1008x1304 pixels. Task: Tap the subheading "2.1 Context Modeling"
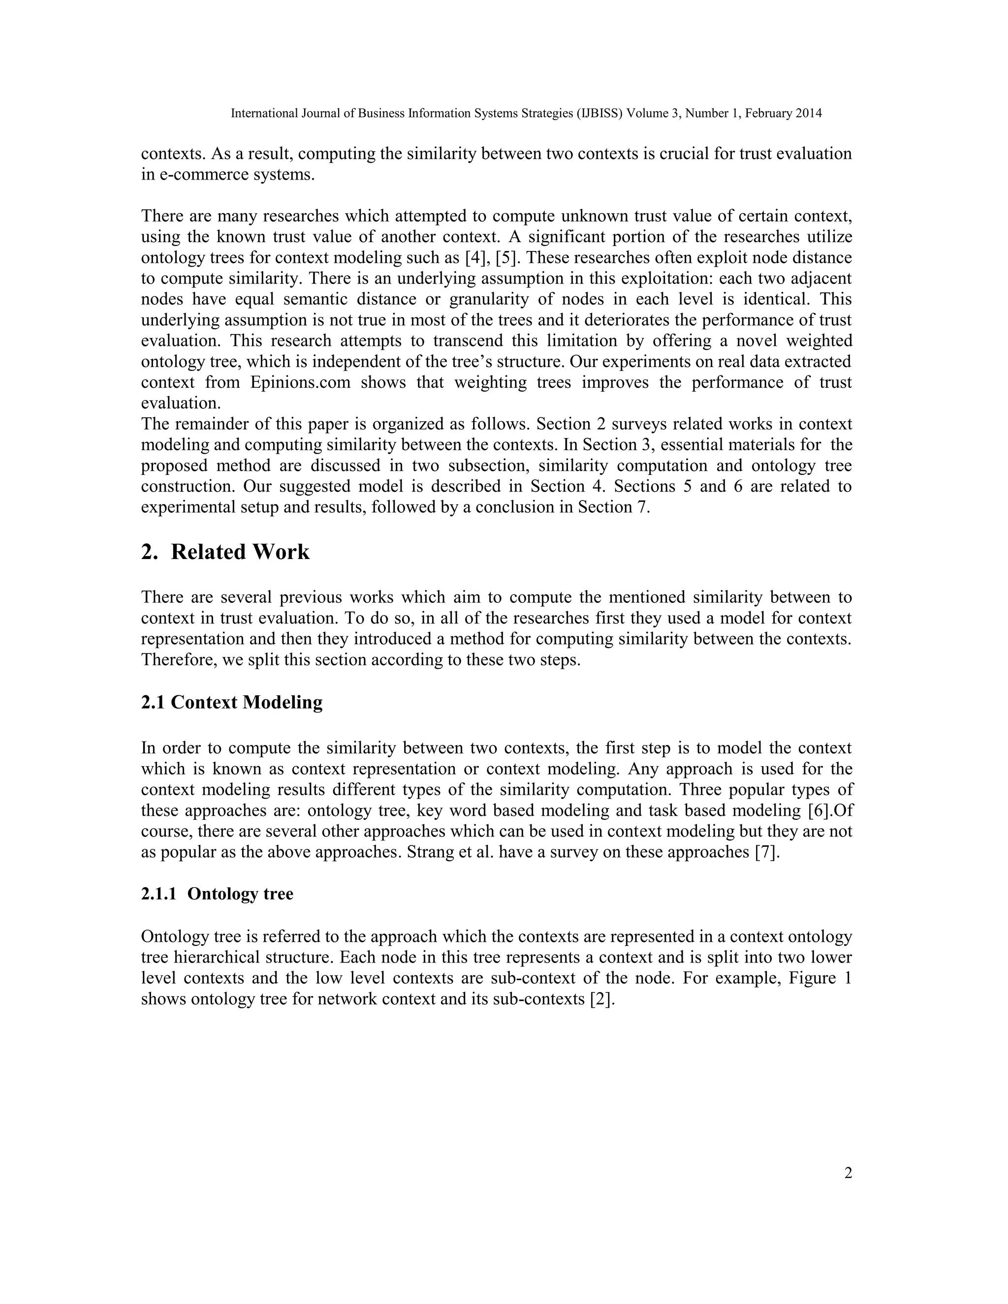tap(232, 702)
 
